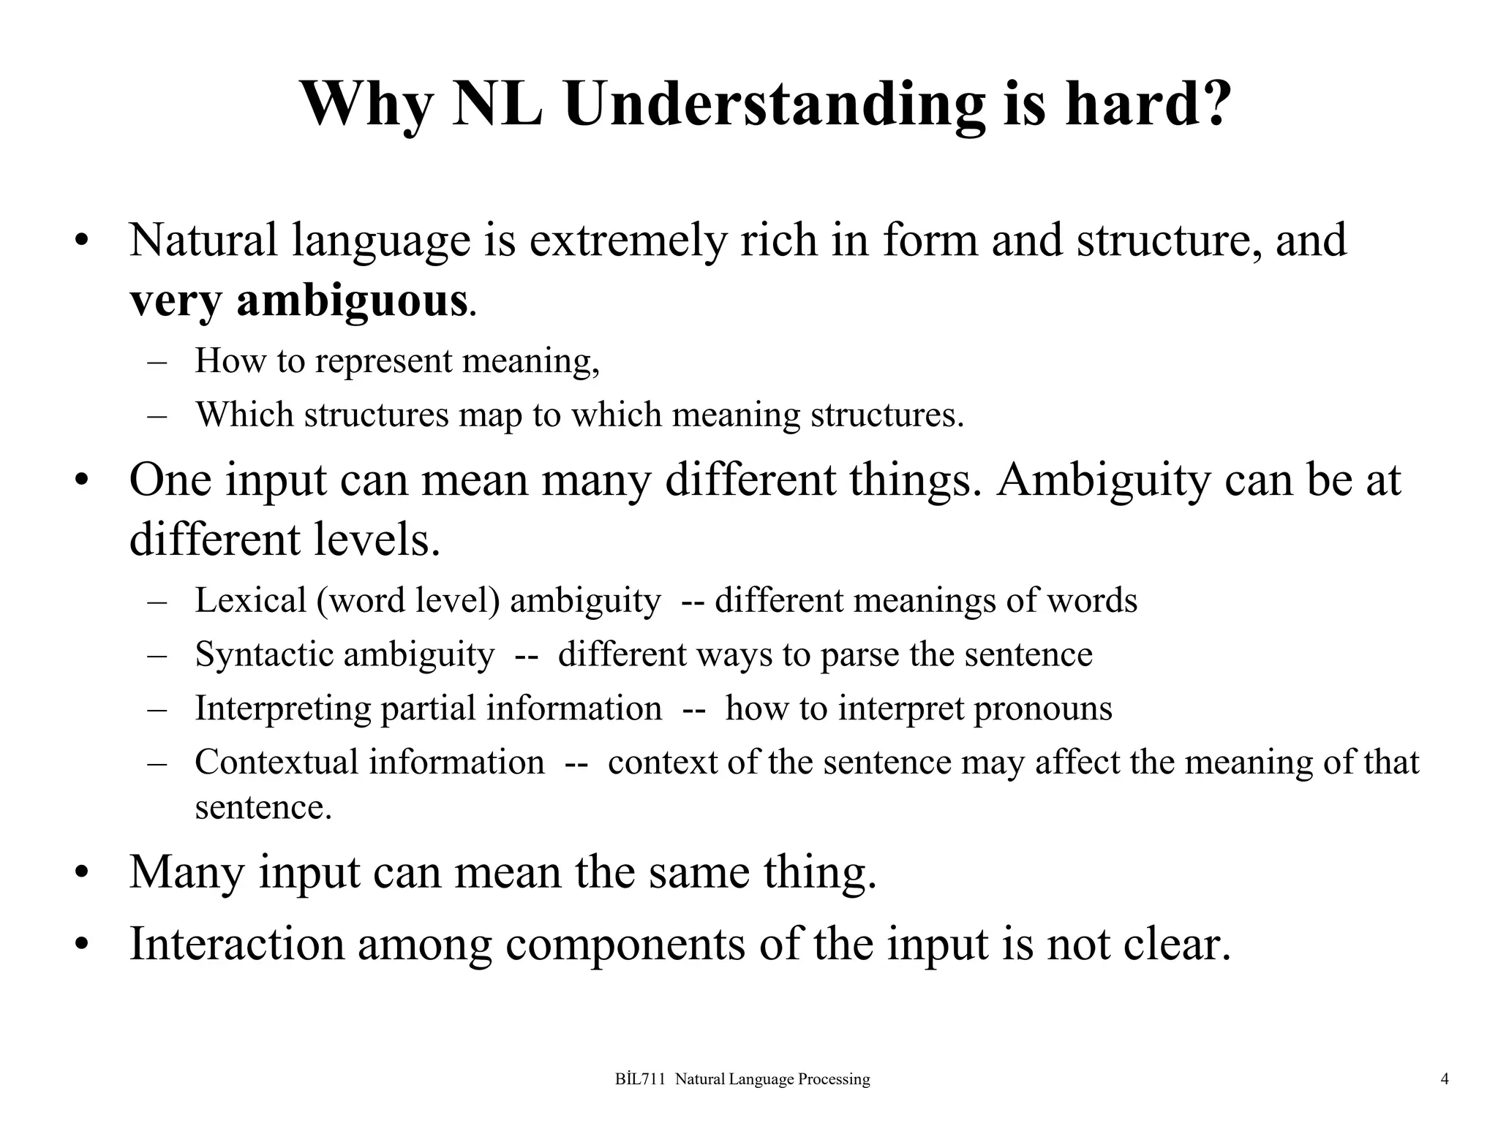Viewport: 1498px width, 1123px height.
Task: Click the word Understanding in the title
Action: pos(774,104)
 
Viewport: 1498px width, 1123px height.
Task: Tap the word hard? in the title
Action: pos(1148,104)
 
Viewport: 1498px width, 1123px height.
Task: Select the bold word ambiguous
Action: pos(352,300)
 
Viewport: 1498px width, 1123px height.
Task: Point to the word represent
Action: pos(383,360)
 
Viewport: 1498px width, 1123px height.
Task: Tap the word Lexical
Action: pos(250,600)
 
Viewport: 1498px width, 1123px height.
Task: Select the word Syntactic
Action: pos(268,654)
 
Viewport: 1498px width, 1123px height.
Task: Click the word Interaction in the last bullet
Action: pos(236,943)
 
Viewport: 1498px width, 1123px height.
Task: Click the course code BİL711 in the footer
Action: pos(640,1079)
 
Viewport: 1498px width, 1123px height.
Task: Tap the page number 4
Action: pos(1445,1079)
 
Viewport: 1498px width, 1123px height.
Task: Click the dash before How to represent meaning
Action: pos(157,361)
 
